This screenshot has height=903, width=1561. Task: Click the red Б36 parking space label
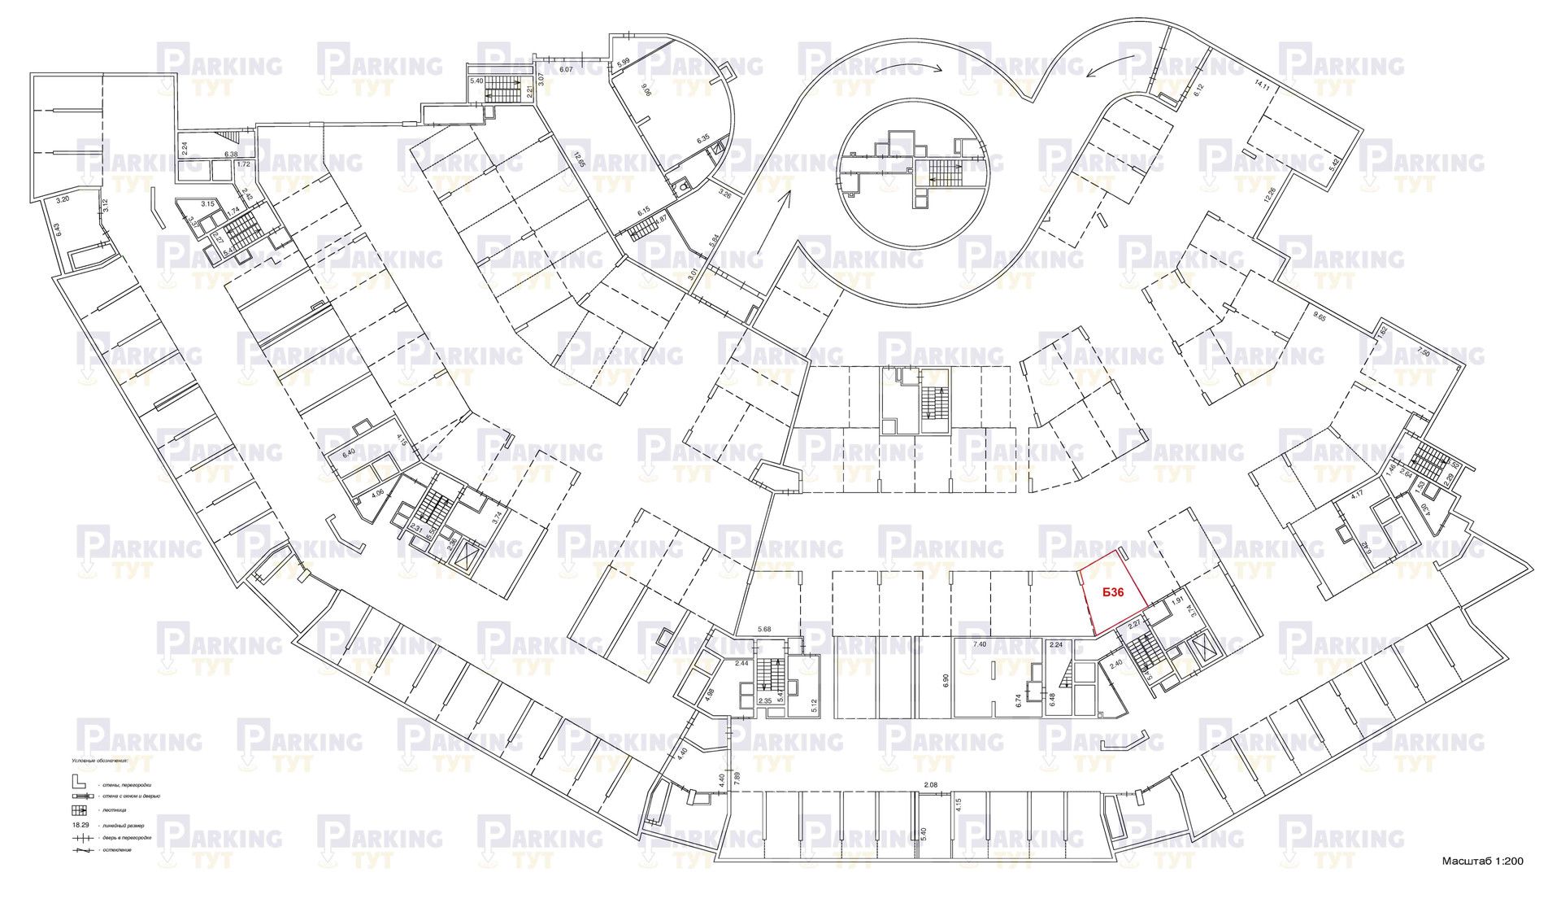pyautogui.click(x=1113, y=592)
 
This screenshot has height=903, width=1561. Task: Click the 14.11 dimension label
pyautogui.click(x=1262, y=84)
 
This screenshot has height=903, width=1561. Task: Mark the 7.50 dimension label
pyautogui.click(x=1423, y=351)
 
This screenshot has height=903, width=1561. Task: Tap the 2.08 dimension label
pyautogui.click(x=931, y=785)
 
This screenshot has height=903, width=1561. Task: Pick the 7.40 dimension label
pyautogui.click(x=980, y=644)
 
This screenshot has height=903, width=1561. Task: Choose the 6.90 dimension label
pyautogui.click(x=946, y=681)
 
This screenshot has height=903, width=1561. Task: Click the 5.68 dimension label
pyautogui.click(x=764, y=629)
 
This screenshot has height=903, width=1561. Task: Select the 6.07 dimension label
pyautogui.click(x=566, y=70)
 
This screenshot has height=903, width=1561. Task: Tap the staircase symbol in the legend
pyautogui.click(x=79, y=810)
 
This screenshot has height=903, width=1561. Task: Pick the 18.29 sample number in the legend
pyautogui.click(x=80, y=824)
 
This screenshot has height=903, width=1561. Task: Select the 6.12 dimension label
pyautogui.click(x=1198, y=90)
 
